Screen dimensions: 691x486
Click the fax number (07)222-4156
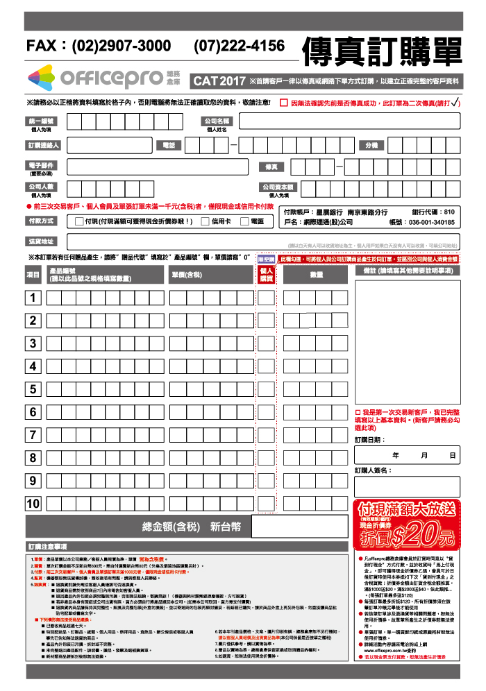[x=240, y=46]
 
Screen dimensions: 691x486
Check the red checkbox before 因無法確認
[x=284, y=103]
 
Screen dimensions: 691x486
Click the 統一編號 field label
[x=41, y=121]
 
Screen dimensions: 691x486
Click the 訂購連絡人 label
[x=44, y=145]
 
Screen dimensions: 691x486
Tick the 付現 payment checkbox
[x=78, y=221]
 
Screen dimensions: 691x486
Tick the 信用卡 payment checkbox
[x=205, y=221]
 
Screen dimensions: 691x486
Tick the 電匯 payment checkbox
[x=244, y=221]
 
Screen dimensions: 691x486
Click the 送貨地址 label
[x=41, y=241]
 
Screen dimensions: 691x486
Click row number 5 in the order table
[x=33, y=389]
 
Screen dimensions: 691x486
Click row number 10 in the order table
[x=33, y=504]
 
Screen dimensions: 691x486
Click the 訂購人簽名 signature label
[x=373, y=471]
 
